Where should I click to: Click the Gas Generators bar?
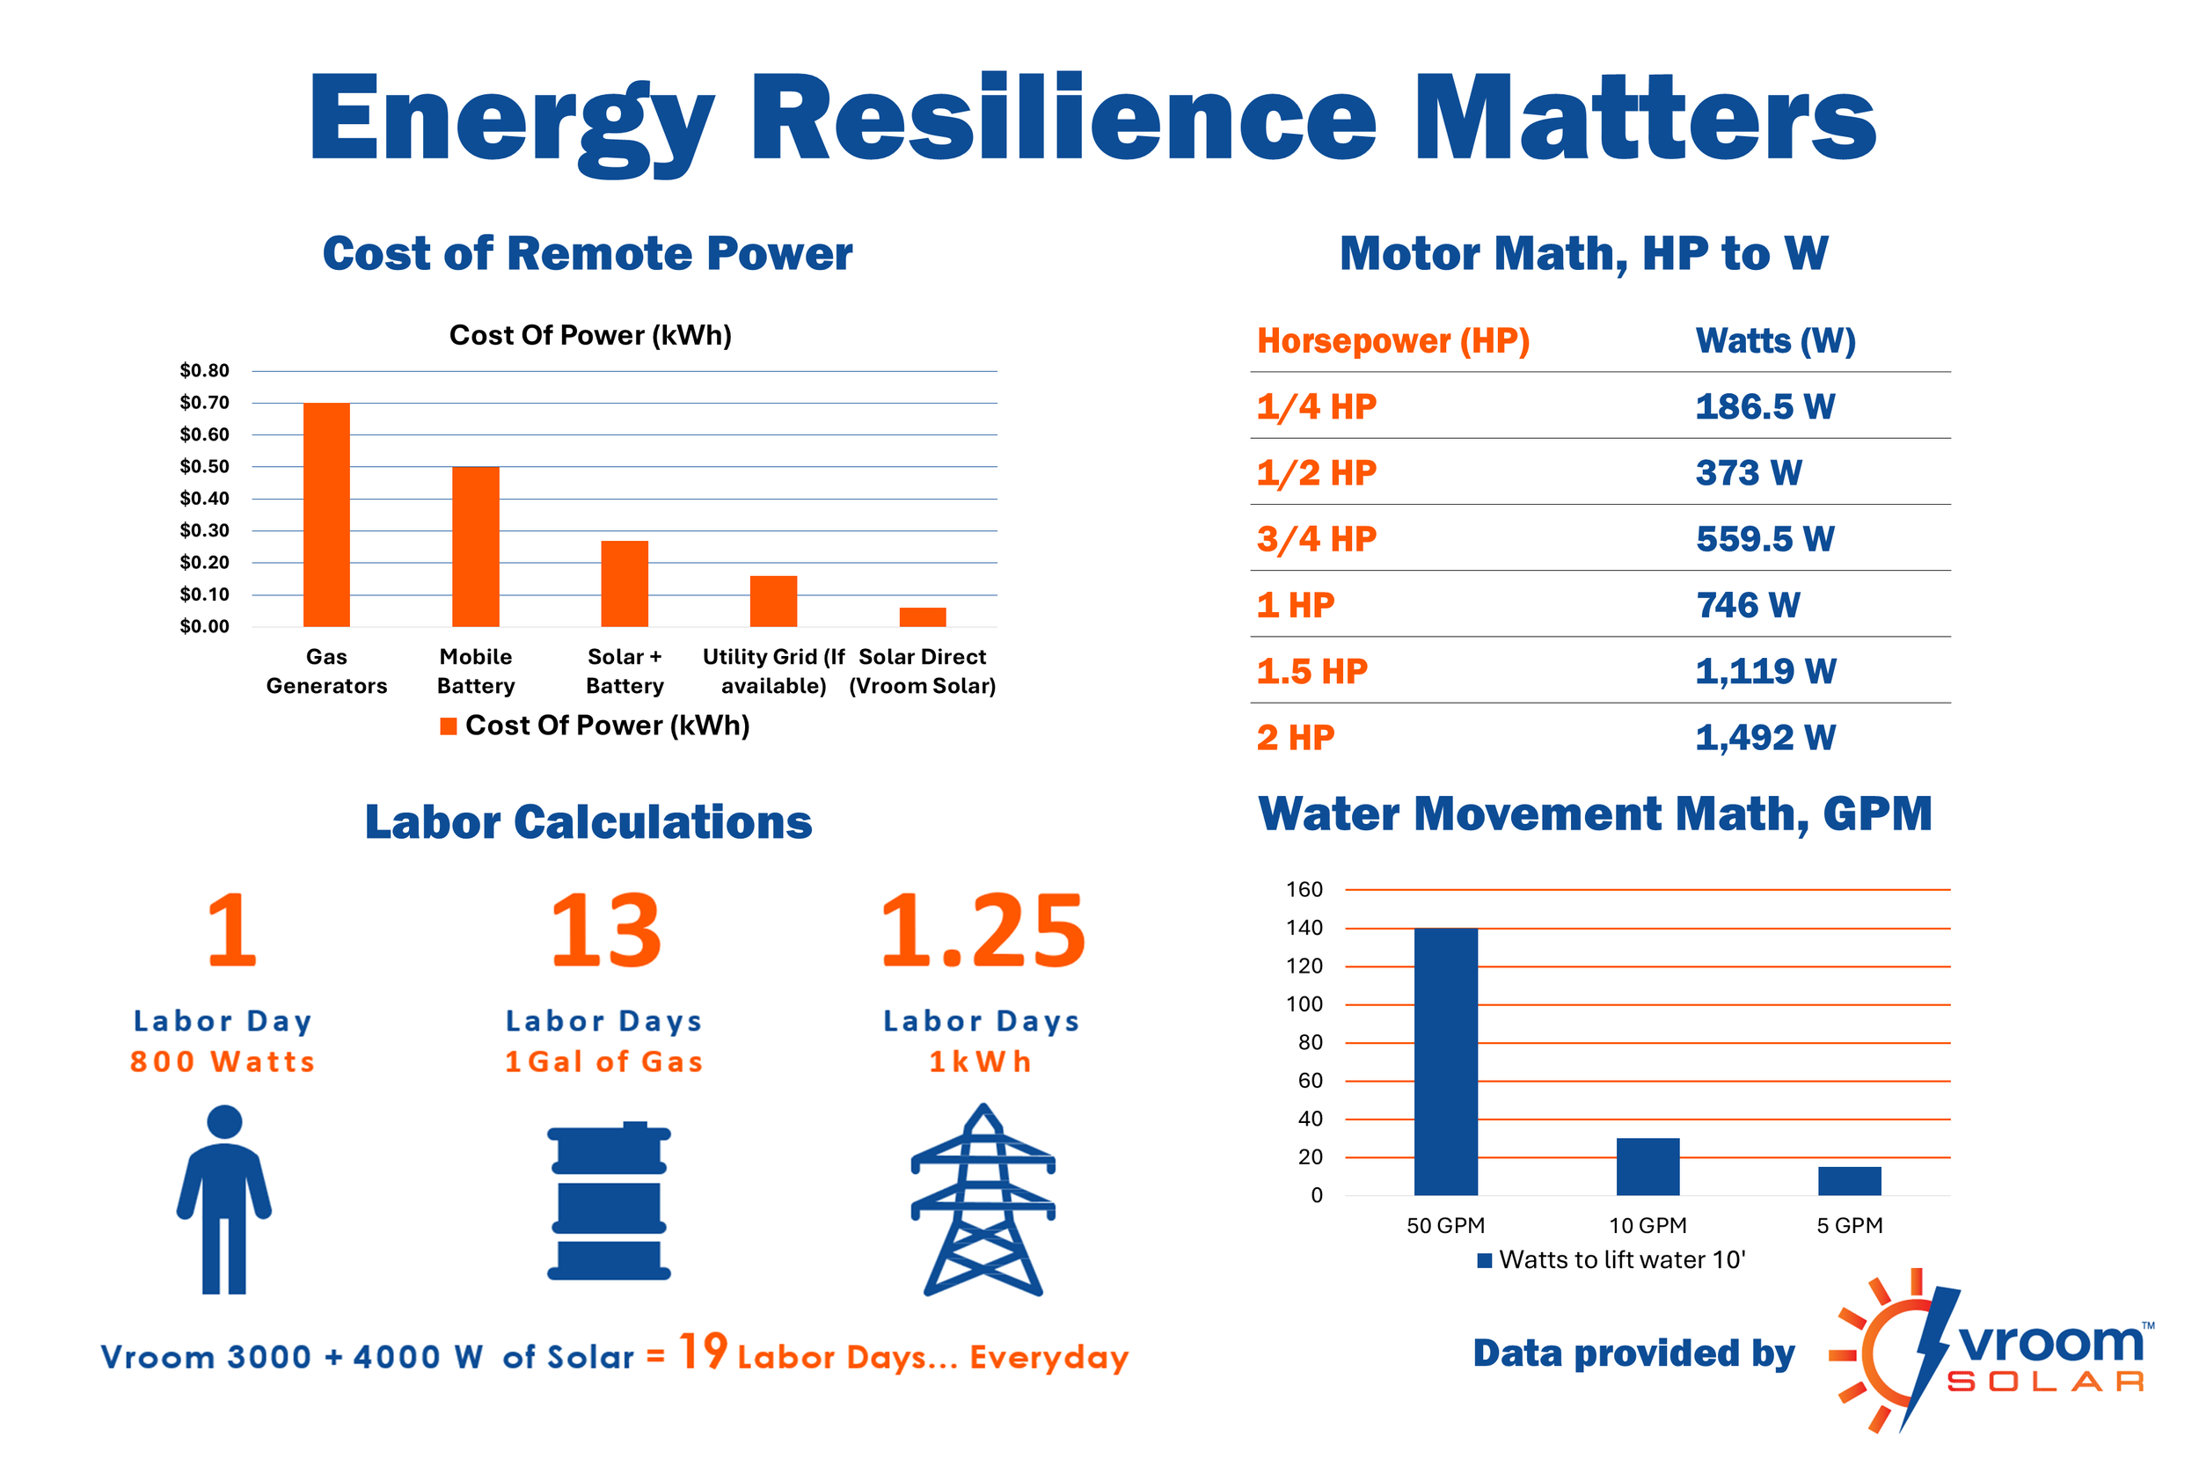tap(326, 514)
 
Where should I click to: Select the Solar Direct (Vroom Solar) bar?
tap(923, 617)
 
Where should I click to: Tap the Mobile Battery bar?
tap(476, 546)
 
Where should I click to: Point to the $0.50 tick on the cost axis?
tap(205, 467)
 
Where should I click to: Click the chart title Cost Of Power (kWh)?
tap(590, 335)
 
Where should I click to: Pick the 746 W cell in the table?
tap(1748, 605)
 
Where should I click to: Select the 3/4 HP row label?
tap(1317, 538)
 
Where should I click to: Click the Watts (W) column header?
tap(1775, 340)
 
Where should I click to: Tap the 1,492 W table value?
tap(1765, 738)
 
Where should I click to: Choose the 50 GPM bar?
tap(1445, 1061)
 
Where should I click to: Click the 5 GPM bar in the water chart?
tap(1849, 1181)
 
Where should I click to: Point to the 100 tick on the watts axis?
tap(1304, 1004)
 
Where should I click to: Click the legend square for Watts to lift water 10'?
tap(1484, 1260)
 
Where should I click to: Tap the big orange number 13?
tap(606, 930)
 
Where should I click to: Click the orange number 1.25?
tap(983, 930)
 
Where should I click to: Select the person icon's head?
tap(224, 1122)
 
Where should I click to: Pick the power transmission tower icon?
tap(983, 1200)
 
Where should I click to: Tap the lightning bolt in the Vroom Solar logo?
tap(1928, 1356)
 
